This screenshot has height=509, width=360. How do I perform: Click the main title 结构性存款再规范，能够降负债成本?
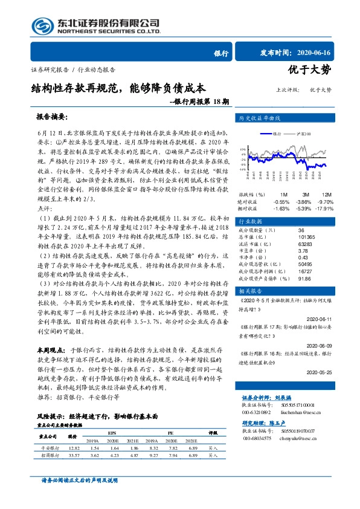[118, 88]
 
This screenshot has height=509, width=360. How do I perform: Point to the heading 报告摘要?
[52, 116]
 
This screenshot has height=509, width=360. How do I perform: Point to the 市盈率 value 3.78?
[303, 250]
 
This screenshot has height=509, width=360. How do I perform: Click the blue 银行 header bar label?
[222, 53]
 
